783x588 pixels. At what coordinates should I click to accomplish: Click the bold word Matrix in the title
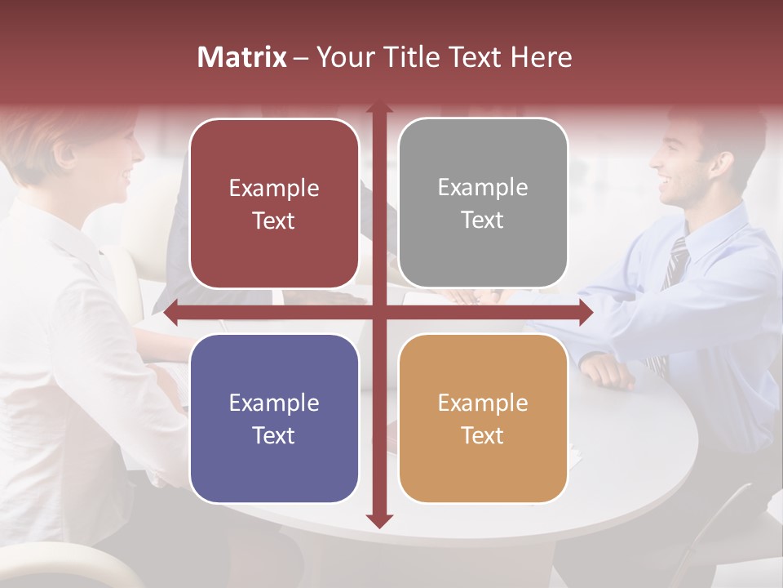pyautogui.click(x=241, y=57)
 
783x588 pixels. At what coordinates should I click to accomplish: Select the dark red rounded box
pyautogui.click(x=274, y=203)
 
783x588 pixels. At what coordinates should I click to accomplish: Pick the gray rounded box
pyautogui.click(x=483, y=203)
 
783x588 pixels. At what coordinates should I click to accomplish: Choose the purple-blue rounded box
pyautogui.click(x=274, y=418)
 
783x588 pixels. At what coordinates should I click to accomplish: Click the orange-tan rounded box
pyautogui.click(x=483, y=418)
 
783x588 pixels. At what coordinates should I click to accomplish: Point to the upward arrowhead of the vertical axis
pyautogui.click(x=378, y=109)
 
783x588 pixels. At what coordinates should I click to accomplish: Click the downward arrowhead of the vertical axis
pyautogui.click(x=378, y=521)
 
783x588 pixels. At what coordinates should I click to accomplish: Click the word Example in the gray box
pyautogui.click(x=483, y=187)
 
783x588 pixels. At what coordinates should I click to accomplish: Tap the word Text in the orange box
pyautogui.click(x=483, y=435)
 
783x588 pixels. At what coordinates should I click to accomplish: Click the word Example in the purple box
pyautogui.click(x=274, y=403)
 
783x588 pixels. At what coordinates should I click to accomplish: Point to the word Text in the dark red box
pyautogui.click(x=274, y=220)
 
